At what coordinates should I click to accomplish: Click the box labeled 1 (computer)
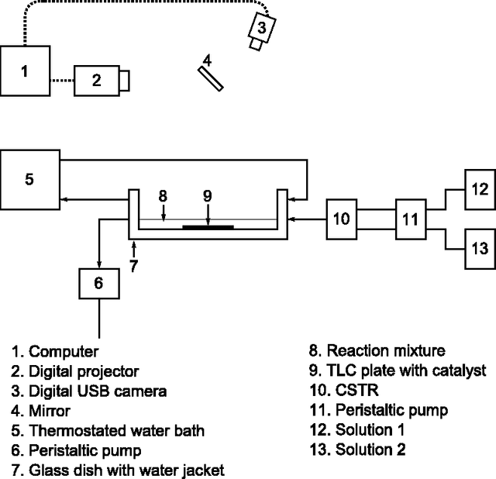[25, 72]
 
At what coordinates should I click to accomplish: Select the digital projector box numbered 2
[97, 81]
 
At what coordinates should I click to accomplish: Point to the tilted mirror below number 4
[210, 78]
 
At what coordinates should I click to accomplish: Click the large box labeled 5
[29, 179]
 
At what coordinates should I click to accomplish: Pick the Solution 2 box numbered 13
[480, 249]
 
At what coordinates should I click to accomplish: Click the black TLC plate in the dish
[207, 227]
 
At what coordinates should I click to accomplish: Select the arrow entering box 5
[66, 199]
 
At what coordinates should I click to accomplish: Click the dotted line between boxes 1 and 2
[61, 81]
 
